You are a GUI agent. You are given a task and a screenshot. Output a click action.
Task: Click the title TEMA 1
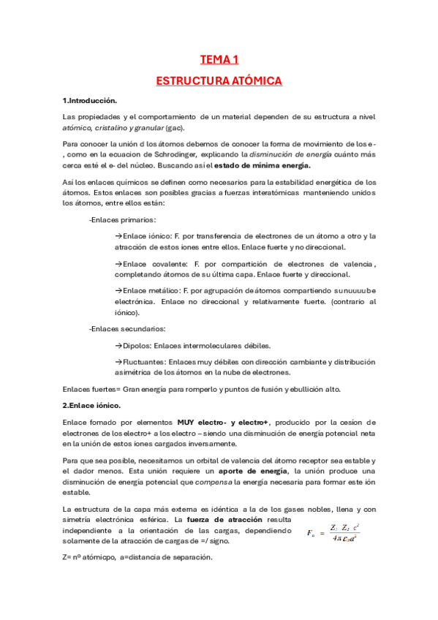point(219,60)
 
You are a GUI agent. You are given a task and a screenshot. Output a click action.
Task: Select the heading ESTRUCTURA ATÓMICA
point(219,81)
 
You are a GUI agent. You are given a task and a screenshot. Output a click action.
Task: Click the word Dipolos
point(140,345)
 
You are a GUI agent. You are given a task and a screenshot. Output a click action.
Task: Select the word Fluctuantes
point(143,362)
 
